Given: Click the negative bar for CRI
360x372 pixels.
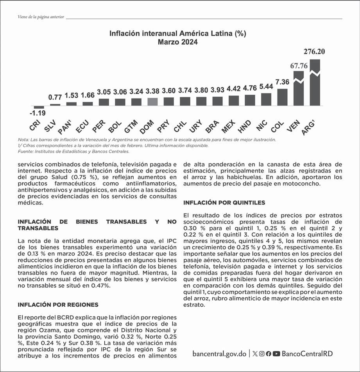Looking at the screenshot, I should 39,107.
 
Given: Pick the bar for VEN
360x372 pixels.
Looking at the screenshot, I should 299,88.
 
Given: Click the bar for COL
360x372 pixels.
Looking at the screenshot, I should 282,97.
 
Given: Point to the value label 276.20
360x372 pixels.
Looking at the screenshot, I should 314,51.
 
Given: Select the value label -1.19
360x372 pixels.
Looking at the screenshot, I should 38,114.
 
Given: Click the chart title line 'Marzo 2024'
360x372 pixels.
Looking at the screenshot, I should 178,42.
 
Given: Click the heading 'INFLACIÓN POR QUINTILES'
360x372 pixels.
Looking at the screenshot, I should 224,203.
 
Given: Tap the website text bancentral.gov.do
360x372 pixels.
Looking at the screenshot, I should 219,353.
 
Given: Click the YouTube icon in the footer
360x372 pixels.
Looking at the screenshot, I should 276,354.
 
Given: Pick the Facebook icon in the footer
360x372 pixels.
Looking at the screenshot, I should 269,354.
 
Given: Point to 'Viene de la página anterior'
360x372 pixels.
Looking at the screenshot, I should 41,17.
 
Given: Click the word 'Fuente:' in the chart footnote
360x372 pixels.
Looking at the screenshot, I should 25,151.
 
